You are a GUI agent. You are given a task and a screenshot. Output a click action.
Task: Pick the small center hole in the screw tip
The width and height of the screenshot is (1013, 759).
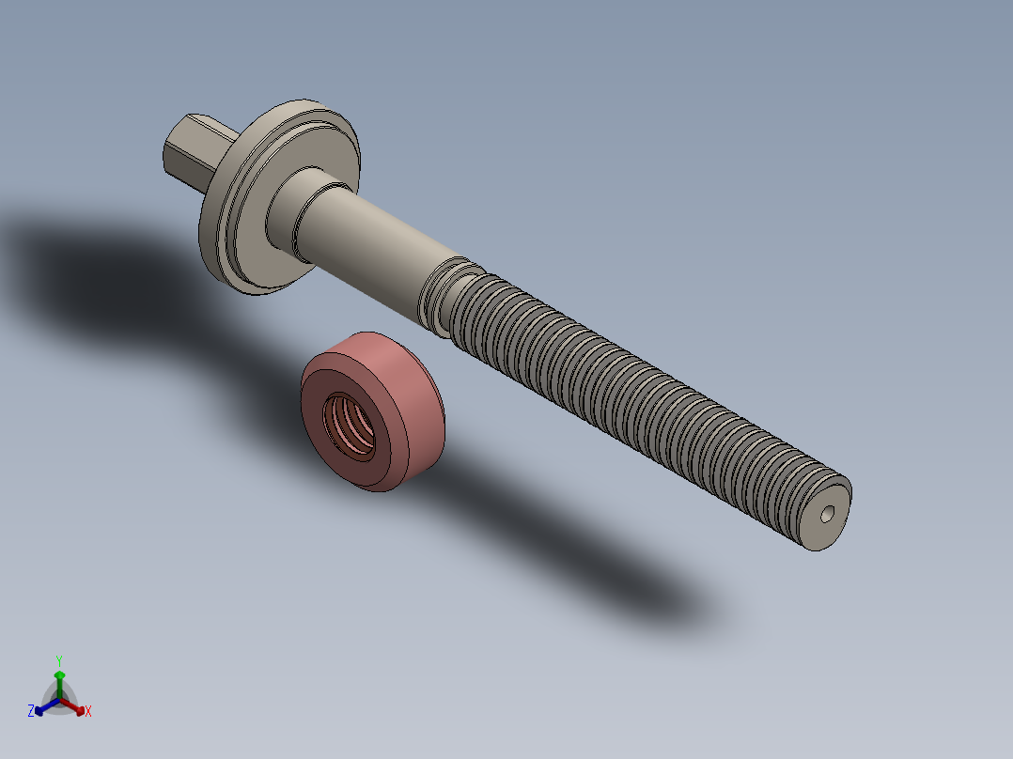826,514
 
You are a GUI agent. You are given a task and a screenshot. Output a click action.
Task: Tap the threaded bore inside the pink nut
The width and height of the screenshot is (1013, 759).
351,427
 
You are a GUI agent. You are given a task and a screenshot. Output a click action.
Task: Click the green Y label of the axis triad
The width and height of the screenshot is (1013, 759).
58,660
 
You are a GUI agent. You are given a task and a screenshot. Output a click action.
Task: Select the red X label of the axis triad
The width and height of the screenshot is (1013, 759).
88,712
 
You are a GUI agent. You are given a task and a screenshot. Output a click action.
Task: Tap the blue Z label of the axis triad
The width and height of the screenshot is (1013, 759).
31,712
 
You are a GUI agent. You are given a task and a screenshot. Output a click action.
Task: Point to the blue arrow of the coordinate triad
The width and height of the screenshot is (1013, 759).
43,707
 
